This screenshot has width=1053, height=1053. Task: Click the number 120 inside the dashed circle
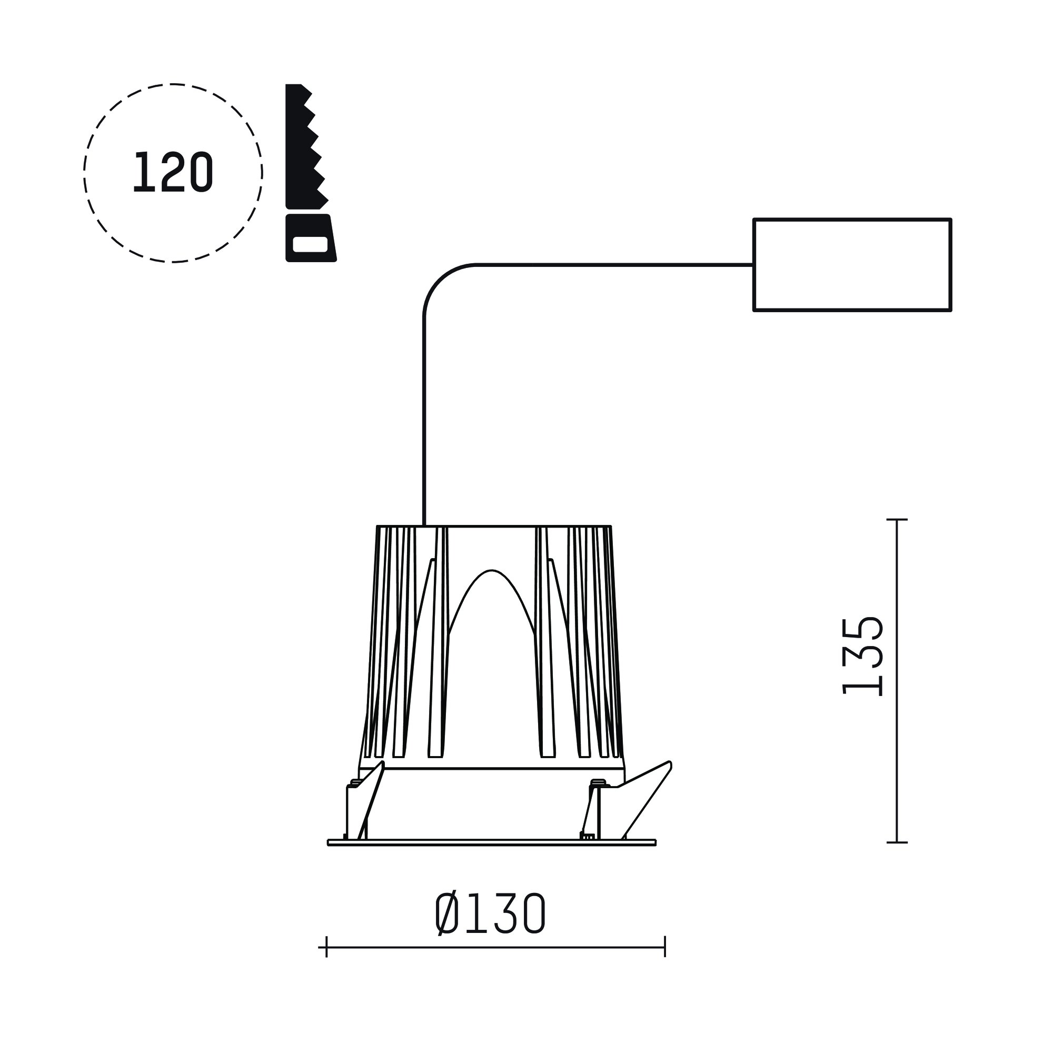click(173, 172)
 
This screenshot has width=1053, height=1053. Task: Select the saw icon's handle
click(310, 238)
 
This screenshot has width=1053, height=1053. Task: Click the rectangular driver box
click(852, 265)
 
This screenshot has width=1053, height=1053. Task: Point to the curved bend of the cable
click(439, 280)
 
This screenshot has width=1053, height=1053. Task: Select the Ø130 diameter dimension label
click(490, 914)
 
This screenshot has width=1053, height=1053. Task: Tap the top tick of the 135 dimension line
click(897, 520)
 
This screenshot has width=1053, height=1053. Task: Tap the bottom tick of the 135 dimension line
click(897, 842)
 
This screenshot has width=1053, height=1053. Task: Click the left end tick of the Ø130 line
click(326, 947)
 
